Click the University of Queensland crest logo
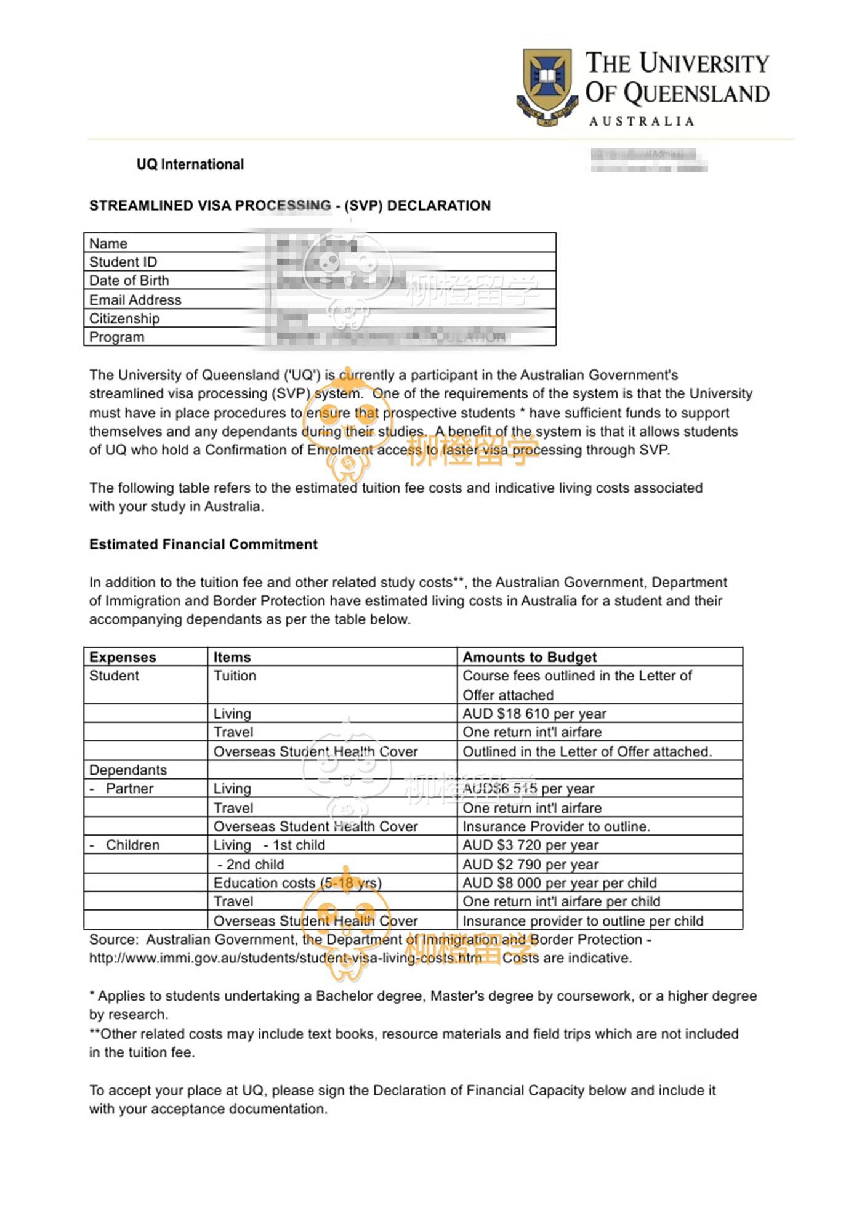(547, 86)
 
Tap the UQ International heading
(190, 164)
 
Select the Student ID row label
(123, 262)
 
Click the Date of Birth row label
(129, 280)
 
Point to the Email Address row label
(135, 300)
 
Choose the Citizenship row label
(124, 318)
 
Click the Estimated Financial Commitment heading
(203, 544)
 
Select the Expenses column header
(123, 657)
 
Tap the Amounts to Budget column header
(530, 657)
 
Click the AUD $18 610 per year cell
(534, 714)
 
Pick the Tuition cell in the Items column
(235, 676)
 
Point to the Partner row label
(129, 789)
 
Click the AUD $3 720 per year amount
(530, 845)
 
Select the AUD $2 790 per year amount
(530, 865)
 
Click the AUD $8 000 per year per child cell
(560, 883)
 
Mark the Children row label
(132, 845)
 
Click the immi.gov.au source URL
(286, 958)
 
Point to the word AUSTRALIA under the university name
(642, 121)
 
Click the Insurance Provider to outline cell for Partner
(556, 826)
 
